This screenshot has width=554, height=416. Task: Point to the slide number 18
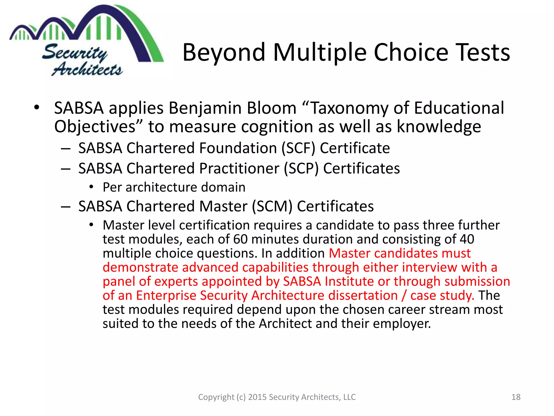516,397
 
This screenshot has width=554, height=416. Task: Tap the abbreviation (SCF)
298,148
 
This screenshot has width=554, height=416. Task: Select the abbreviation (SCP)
301,168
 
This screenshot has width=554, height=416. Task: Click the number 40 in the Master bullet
467,239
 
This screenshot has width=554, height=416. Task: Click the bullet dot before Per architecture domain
91,187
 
